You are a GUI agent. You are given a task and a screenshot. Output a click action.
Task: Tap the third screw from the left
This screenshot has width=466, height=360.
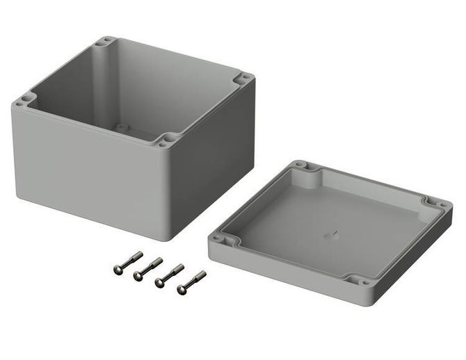(x=169, y=275)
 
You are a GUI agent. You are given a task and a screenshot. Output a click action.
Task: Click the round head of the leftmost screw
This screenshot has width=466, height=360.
(x=118, y=269)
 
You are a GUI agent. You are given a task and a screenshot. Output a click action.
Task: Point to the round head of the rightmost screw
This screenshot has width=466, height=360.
(x=181, y=288)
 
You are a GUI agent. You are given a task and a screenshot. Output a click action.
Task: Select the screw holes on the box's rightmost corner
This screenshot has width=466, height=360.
(x=243, y=79)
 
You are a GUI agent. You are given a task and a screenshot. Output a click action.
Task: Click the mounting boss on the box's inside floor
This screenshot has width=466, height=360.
(x=122, y=128)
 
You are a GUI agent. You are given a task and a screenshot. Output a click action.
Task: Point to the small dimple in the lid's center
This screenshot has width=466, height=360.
(x=329, y=235)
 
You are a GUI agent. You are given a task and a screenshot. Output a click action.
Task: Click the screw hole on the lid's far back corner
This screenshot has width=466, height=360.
(x=300, y=166)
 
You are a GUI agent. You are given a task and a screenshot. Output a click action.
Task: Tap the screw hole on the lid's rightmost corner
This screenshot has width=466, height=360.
(x=437, y=204)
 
